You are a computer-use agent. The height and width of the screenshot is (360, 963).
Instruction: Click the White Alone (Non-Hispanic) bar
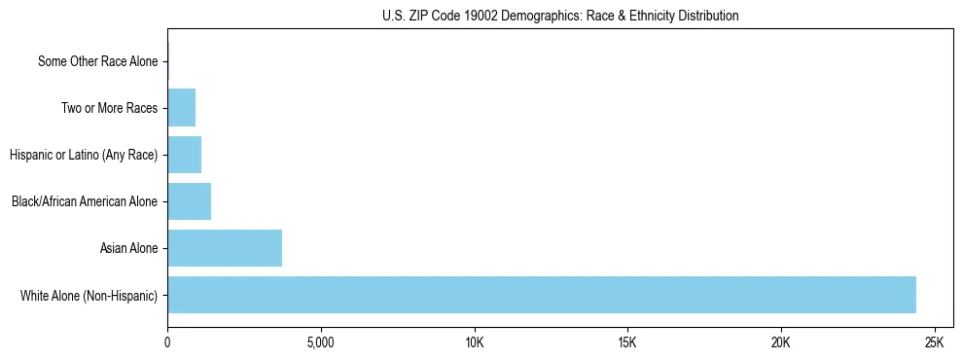tap(541, 295)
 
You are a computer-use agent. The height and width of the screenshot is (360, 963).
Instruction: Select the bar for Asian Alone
tap(225, 248)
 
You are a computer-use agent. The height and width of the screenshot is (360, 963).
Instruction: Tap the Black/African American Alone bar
tap(189, 201)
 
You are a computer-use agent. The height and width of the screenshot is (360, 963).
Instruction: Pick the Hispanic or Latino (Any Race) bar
tap(184, 155)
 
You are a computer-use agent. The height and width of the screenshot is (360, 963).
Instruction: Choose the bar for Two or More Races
tap(181, 108)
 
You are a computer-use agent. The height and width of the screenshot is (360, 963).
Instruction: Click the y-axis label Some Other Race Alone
tap(97, 62)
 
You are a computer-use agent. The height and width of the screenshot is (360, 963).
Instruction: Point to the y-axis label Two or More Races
tap(109, 108)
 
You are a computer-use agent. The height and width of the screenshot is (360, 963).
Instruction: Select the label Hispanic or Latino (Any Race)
tap(84, 155)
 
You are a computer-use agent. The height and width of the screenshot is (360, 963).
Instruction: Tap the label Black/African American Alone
tap(85, 202)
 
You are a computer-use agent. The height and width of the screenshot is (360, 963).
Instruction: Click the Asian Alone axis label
tap(128, 249)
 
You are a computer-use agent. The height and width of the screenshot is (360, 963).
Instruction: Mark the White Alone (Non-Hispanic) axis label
tap(89, 296)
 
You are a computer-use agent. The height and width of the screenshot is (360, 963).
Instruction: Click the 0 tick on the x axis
tap(167, 342)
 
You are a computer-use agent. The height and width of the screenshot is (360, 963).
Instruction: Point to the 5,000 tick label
tap(320, 342)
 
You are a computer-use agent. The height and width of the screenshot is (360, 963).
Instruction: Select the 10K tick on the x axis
tap(474, 342)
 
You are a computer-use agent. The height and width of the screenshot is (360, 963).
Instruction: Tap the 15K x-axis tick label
tap(626, 342)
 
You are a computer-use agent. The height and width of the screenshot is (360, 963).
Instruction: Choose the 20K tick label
tap(780, 342)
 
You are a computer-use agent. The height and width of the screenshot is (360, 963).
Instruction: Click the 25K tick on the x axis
tap(934, 342)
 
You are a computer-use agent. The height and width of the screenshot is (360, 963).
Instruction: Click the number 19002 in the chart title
tap(472, 16)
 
